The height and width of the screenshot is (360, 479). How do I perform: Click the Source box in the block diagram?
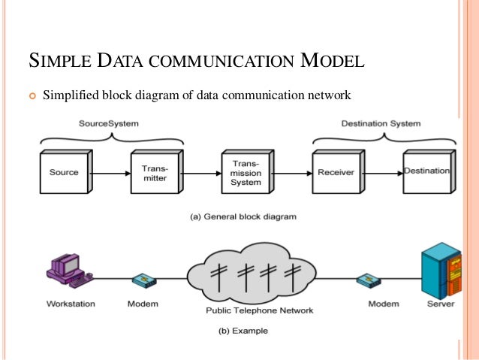pos(64,172)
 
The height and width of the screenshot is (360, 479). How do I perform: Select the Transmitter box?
pos(154,172)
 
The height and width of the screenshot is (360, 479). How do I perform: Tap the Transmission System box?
pos(245,172)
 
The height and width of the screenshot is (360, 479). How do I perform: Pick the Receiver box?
pos(336,172)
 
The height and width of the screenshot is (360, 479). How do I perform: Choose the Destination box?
pos(426,172)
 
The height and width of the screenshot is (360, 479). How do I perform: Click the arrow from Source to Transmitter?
pos(110,172)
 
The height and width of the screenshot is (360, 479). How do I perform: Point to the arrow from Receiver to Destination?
pos(382,172)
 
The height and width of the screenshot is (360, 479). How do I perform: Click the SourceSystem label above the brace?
pos(109,123)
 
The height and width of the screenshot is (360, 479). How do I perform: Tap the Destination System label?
pos(381,123)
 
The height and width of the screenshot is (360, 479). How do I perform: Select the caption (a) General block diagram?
pos(245,216)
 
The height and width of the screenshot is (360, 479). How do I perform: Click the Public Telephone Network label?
pos(247,310)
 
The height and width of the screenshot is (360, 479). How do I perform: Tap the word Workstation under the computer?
pos(70,304)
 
